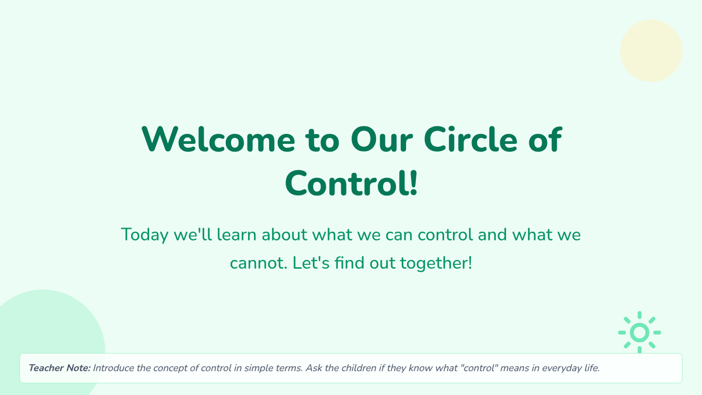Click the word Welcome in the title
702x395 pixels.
(x=218, y=139)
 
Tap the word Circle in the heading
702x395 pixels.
(x=470, y=139)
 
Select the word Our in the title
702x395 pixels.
(x=381, y=140)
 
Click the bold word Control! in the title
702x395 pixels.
(x=352, y=183)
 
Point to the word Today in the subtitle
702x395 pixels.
(x=144, y=235)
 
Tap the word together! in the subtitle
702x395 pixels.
(x=436, y=263)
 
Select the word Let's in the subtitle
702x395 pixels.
(x=311, y=263)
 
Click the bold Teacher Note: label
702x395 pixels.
(x=60, y=368)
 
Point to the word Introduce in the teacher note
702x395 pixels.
(x=113, y=368)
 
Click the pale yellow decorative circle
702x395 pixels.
(x=651, y=51)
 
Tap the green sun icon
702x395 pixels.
(x=639, y=332)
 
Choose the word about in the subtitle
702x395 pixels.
(x=284, y=234)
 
